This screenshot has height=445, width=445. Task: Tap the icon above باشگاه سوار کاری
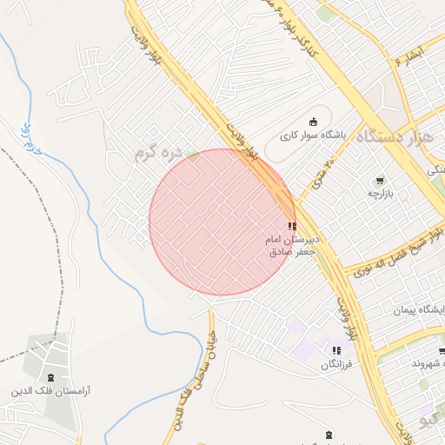click(x=313, y=122)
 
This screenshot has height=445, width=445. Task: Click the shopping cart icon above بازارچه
click(x=380, y=180)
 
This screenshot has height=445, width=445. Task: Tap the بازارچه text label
click(x=381, y=194)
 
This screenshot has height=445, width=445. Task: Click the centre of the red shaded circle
click(x=222, y=222)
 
